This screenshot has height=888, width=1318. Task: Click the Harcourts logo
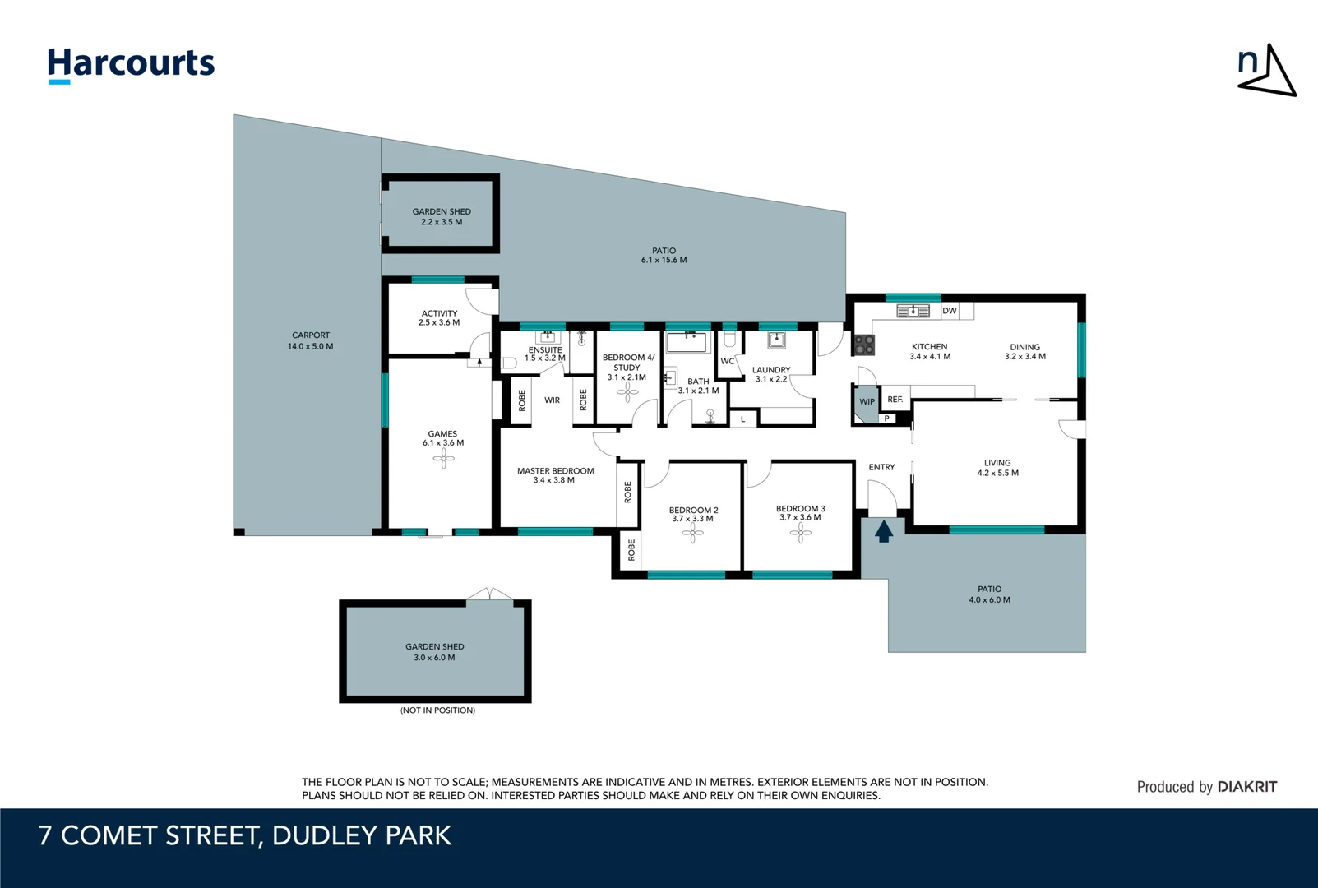131,64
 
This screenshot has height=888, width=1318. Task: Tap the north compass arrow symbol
1267,72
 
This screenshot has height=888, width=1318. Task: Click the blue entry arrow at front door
884,531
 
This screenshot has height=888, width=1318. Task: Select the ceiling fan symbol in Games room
443,458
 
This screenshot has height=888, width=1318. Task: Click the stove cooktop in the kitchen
863,345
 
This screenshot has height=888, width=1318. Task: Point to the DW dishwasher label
950,311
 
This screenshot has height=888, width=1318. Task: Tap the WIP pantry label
867,402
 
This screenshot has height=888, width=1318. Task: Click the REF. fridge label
895,400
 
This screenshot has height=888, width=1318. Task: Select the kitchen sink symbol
913,311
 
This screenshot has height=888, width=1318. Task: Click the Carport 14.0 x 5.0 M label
311,340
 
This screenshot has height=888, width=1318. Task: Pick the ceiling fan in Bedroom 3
800,534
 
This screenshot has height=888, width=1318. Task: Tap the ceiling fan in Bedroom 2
692,534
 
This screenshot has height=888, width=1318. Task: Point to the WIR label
552,400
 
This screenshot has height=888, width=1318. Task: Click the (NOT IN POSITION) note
437,710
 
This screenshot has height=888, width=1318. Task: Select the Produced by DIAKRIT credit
1206,787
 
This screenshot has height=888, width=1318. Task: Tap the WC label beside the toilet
727,361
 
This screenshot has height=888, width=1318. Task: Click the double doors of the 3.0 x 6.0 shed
489,594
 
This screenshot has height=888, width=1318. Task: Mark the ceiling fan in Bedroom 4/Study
627,393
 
